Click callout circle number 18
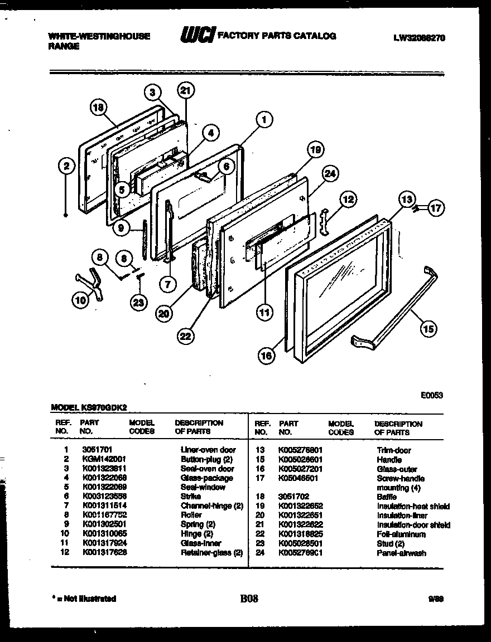tap(99, 109)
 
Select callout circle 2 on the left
tap(66, 166)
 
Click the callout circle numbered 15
tap(427, 329)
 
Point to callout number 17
tap(436, 209)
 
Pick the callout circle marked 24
tap(331, 174)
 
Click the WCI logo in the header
tap(196, 36)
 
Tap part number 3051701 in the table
tap(96, 450)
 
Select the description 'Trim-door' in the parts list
tap(394, 450)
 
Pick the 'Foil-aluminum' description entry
tap(401, 534)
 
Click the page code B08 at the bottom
tap(249, 599)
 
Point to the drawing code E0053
tap(431, 395)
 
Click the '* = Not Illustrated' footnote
tap(83, 599)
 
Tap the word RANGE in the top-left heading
tap(63, 47)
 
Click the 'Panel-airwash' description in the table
tap(401, 553)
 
